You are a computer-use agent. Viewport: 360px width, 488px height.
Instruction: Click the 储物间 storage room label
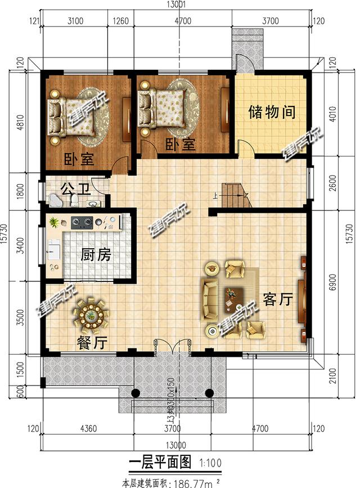[272, 112]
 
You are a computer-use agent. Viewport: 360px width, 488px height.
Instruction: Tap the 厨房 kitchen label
[96, 255]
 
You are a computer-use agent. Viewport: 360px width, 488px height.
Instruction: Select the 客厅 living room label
[277, 299]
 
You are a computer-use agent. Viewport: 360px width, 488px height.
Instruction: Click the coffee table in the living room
[232, 297]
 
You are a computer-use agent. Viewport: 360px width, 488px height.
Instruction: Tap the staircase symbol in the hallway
[235, 195]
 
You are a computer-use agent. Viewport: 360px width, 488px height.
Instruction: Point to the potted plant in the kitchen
[54, 222]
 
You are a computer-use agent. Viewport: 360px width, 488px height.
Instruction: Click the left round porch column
[135, 393]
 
